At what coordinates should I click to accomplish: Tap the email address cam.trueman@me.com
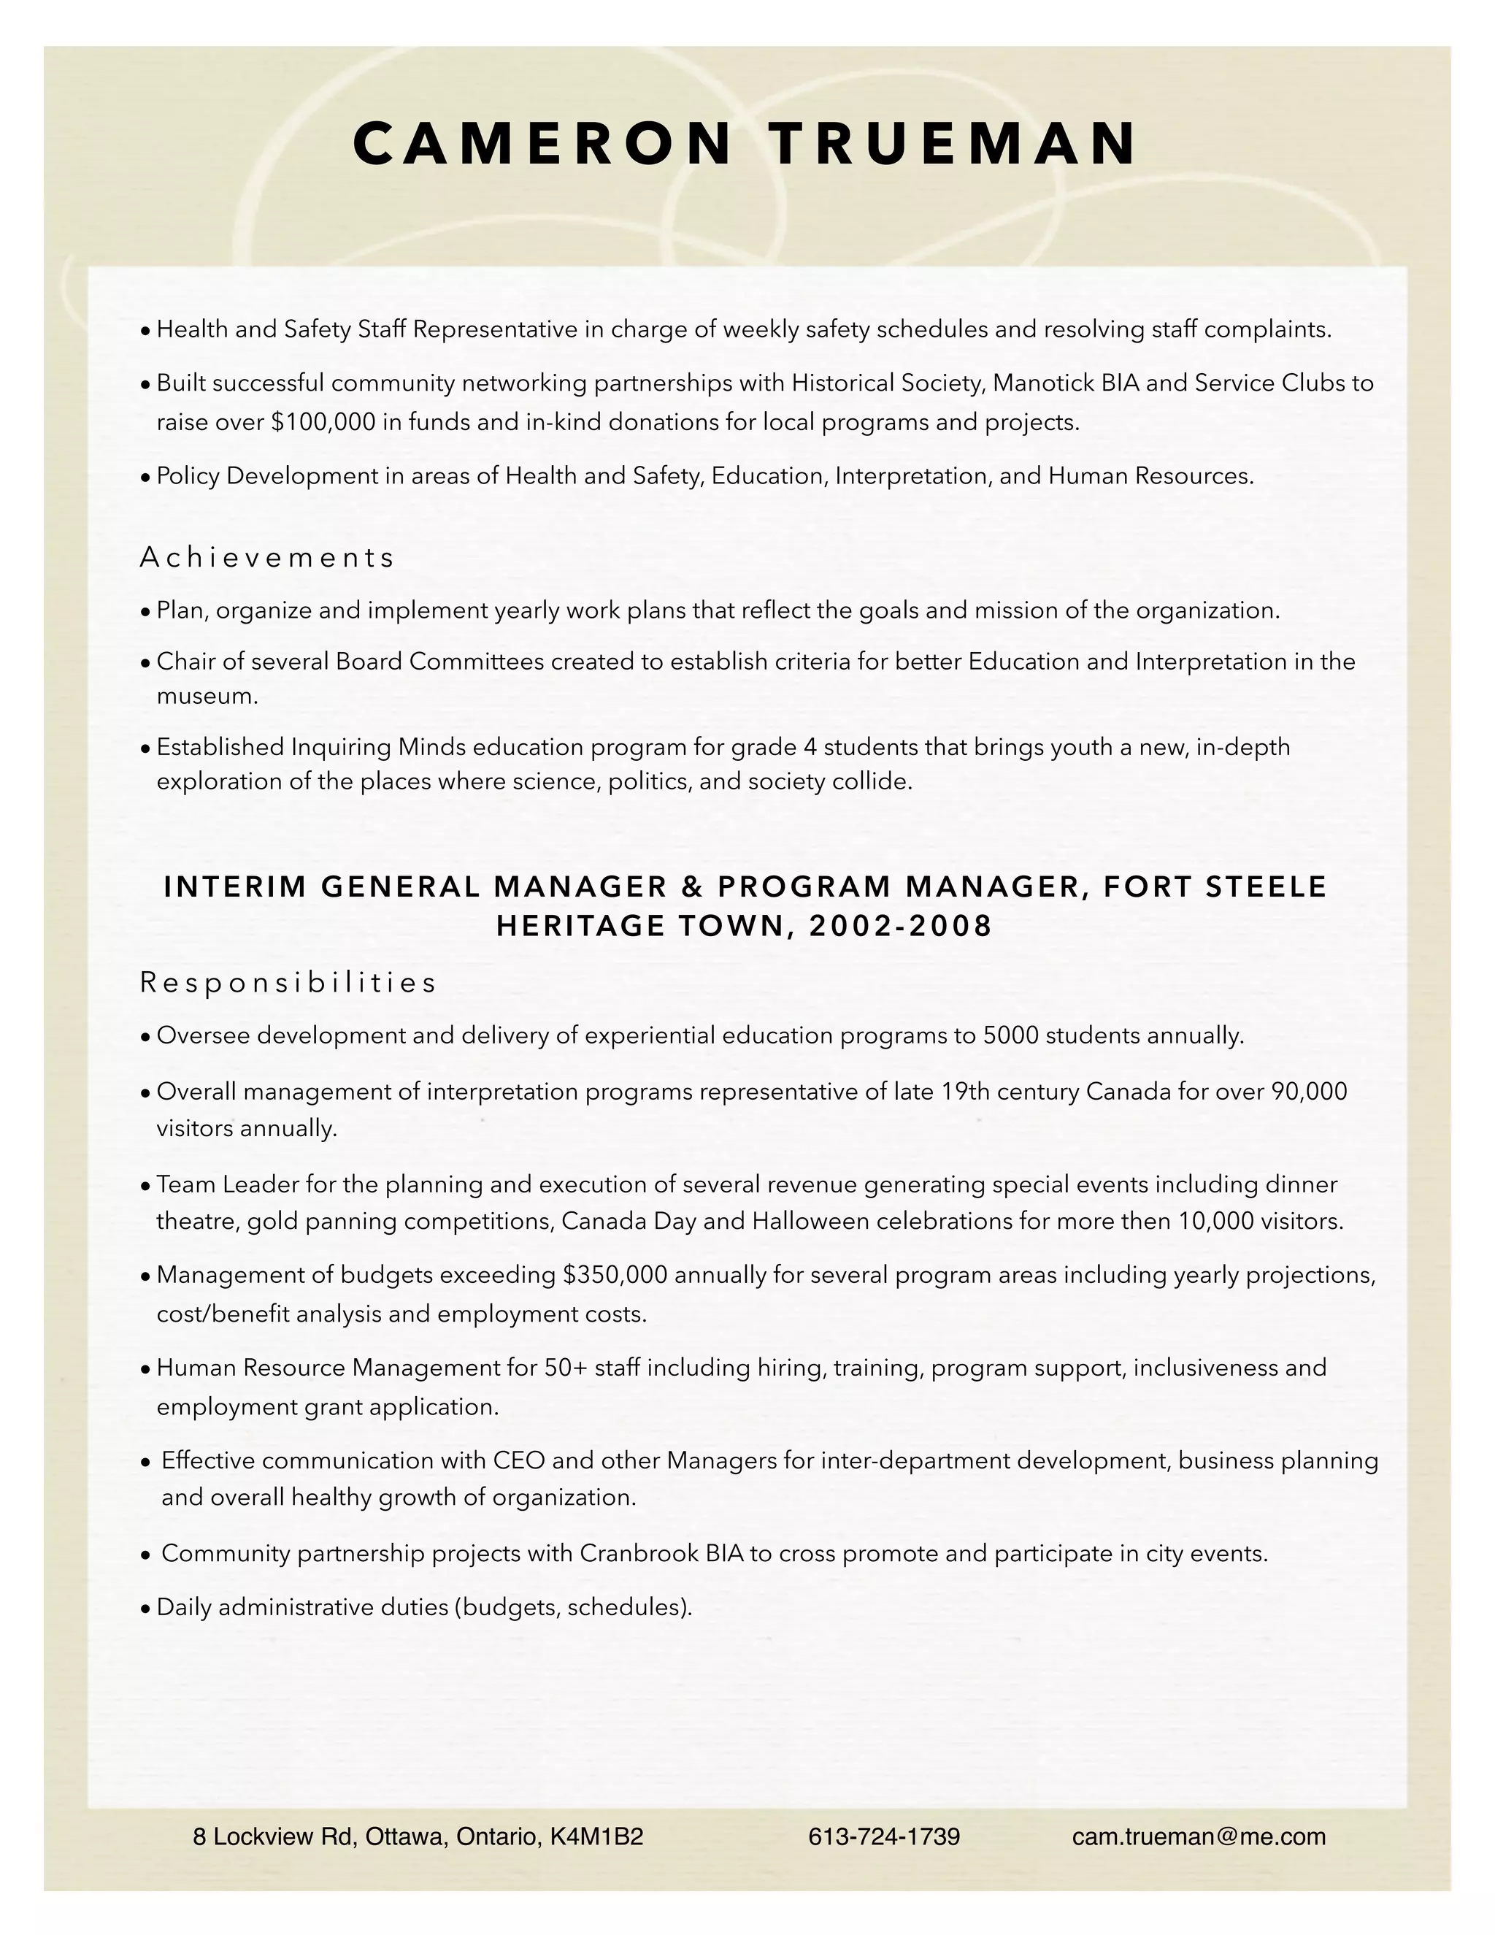pos(1199,1836)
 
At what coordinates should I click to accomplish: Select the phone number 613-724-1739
pos(884,1836)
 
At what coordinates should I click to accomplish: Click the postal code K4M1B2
pos(596,1836)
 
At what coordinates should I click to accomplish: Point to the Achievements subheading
pos(266,557)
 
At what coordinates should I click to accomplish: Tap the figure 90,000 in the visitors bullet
pos(1309,1092)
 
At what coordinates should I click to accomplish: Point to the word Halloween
pos(809,1222)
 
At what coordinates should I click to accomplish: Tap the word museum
pos(207,697)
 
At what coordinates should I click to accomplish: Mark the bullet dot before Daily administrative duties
pos(146,1608)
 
